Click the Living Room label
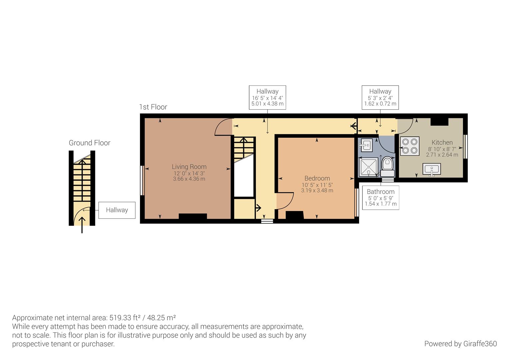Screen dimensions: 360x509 coord(189,167)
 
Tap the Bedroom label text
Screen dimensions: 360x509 coord(317,178)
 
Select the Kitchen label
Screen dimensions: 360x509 coord(442,142)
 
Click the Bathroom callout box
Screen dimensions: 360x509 coord(380,198)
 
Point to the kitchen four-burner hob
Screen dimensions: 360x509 coord(410,146)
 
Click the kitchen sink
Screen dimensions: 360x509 coord(432,169)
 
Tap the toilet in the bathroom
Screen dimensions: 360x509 coord(387,165)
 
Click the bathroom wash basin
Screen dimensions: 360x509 coord(366,145)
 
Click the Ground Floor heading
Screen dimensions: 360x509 coord(89,143)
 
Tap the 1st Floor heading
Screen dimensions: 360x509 coord(153,107)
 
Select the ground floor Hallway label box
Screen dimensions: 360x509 coord(117,210)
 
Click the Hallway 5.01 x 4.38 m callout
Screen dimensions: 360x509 coord(267,97)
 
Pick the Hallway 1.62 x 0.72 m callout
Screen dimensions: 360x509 coord(380,97)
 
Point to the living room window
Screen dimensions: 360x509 coord(143,180)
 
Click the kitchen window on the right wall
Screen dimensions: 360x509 coord(465,147)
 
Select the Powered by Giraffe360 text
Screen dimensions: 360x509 coord(460,344)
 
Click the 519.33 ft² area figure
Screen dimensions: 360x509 coord(128,318)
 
